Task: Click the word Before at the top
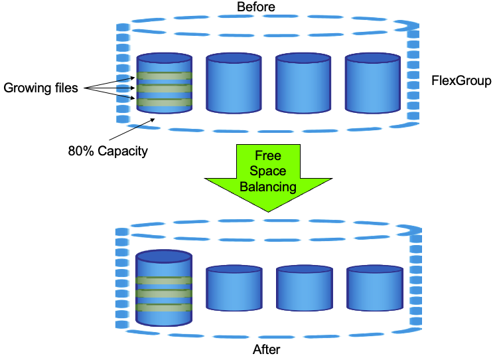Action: pos(255,7)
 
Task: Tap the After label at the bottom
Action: pos(266,349)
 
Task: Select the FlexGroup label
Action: pos(462,80)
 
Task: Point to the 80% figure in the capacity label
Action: pos(81,151)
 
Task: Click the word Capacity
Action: pos(123,151)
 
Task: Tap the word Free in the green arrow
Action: pos(268,155)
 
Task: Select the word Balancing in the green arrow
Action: pos(268,187)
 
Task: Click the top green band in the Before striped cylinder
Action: pos(165,76)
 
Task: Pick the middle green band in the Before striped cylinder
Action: pos(165,88)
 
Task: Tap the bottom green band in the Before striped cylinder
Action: pos(165,102)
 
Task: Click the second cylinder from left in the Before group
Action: pos(234,83)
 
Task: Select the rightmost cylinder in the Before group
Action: pos(373,83)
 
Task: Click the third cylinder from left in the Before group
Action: pos(303,83)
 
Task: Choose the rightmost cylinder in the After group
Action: pos(375,288)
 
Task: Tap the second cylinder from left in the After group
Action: pos(234,288)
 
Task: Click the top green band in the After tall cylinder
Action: pos(164,280)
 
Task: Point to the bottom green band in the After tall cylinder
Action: pos(164,308)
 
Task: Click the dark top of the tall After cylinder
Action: pos(164,256)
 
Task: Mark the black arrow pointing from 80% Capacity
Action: pos(132,130)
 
